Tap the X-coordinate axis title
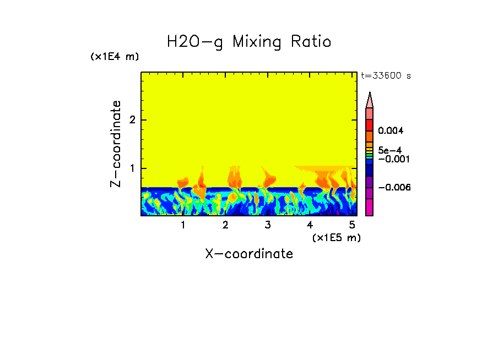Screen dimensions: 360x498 click(x=249, y=254)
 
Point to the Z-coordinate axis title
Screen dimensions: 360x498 click(x=116, y=144)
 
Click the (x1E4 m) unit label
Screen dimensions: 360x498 click(x=115, y=57)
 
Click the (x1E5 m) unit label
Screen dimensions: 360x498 click(x=336, y=237)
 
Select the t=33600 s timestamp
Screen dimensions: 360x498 click(x=386, y=76)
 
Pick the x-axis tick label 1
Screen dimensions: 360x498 click(x=183, y=225)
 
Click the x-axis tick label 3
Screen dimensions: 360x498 click(x=268, y=225)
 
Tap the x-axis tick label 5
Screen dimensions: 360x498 click(x=352, y=225)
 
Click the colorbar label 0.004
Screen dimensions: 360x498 click(x=391, y=131)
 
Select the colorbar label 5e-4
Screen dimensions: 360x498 click(x=389, y=150)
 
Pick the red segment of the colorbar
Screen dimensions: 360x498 click(x=370, y=124)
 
